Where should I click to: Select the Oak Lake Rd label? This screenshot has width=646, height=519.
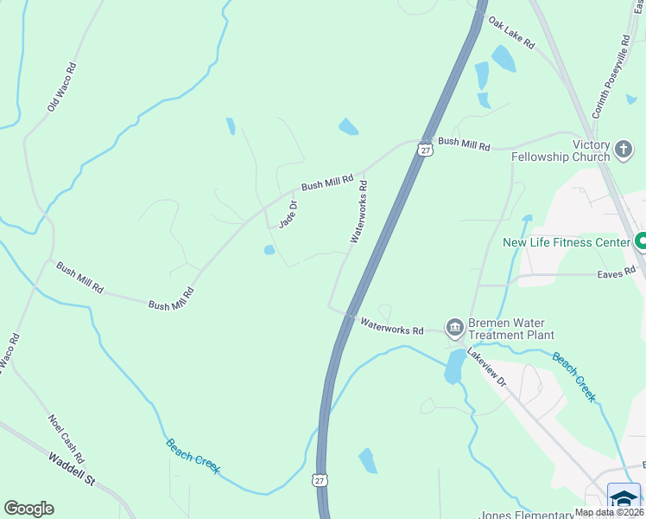pyautogui.click(x=511, y=32)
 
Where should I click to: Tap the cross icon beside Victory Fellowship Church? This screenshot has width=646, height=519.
pyautogui.click(x=624, y=151)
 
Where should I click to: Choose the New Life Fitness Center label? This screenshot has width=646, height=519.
pyautogui.click(x=567, y=243)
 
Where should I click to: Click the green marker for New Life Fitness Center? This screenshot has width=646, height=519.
pyautogui.click(x=641, y=242)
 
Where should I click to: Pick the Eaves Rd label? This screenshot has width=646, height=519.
pyautogui.click(x=616, y=273)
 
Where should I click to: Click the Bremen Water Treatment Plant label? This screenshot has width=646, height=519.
pyautogui.click(x=510, y=329)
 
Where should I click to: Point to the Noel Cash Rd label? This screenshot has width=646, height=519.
pyautogui.click(x=66, y=438)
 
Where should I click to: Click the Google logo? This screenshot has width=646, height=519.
pyautogui.click(x=28, y=509)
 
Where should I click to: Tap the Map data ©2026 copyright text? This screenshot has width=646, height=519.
pyautogui.click(x=608, y=512)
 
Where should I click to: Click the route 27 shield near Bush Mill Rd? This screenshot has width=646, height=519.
pyautogui.click(x=424, y=149)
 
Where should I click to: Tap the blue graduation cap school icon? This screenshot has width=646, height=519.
pyautogui.click(x=624, y=499)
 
